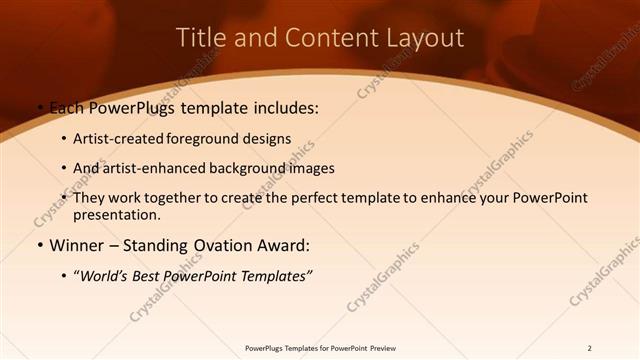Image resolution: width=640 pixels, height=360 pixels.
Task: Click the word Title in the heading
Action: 201,38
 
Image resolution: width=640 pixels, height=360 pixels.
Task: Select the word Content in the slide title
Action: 323,38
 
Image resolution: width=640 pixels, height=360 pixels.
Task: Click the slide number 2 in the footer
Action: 589,348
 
